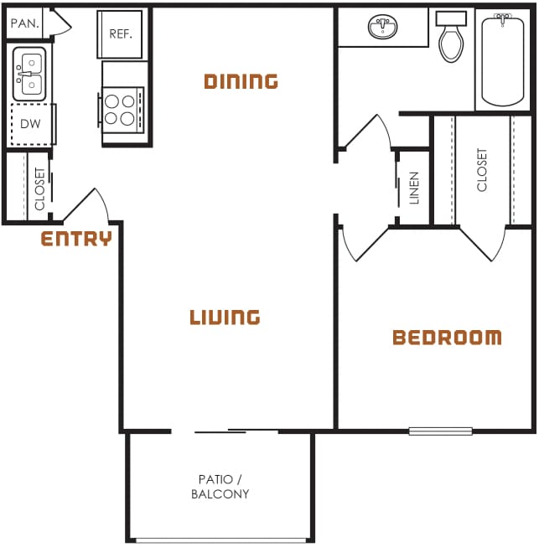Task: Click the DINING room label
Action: [x=241, y=81]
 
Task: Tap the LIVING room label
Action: [x=225, y=317]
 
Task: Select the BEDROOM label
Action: [x=447, y=338]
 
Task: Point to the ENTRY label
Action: [x=76, y=240]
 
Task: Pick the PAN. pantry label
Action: [x=24, y=23]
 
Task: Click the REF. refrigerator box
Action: [x=120, y=34]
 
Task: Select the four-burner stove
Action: [x=122, y=109]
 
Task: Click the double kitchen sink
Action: [x=29, y=74]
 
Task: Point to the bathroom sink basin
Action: [x=383, y=28]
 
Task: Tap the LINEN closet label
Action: [x=414, y=188]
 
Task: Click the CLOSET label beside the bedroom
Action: [x=482, y=170]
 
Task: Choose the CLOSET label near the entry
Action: [x=40, y=188]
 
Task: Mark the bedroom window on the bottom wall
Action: [x=440, y=431]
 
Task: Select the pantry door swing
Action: [x=59, y=23]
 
